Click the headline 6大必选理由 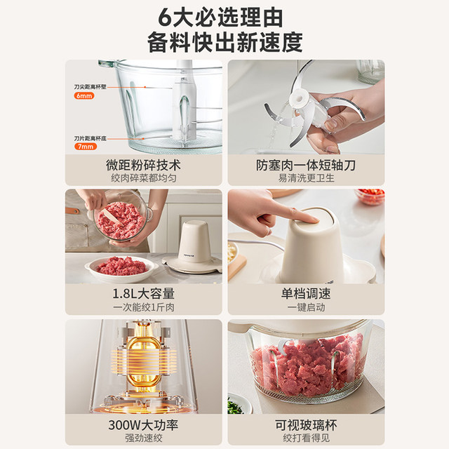pyautogui.click(x=224, y=15)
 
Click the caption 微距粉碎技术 pyautogui.click(x=143, y=166)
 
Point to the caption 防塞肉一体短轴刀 pyautogui.click(x=304, y=166)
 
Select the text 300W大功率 pyautogui.click(x=143, y=425)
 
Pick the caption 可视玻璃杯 pyautogui.click(x=304, y=425)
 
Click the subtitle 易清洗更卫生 pyautogui.click(x=304, y=178)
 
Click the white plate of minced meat pyautogui.click(x=121, y=267)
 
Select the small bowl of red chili pyautogui.click(x=370, y=196)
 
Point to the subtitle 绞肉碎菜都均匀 pyautogui.click(x=143, y=178)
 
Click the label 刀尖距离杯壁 pyautogui.click(x=89, y=86)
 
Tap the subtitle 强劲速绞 pyautogui.click(x=143, y=438)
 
